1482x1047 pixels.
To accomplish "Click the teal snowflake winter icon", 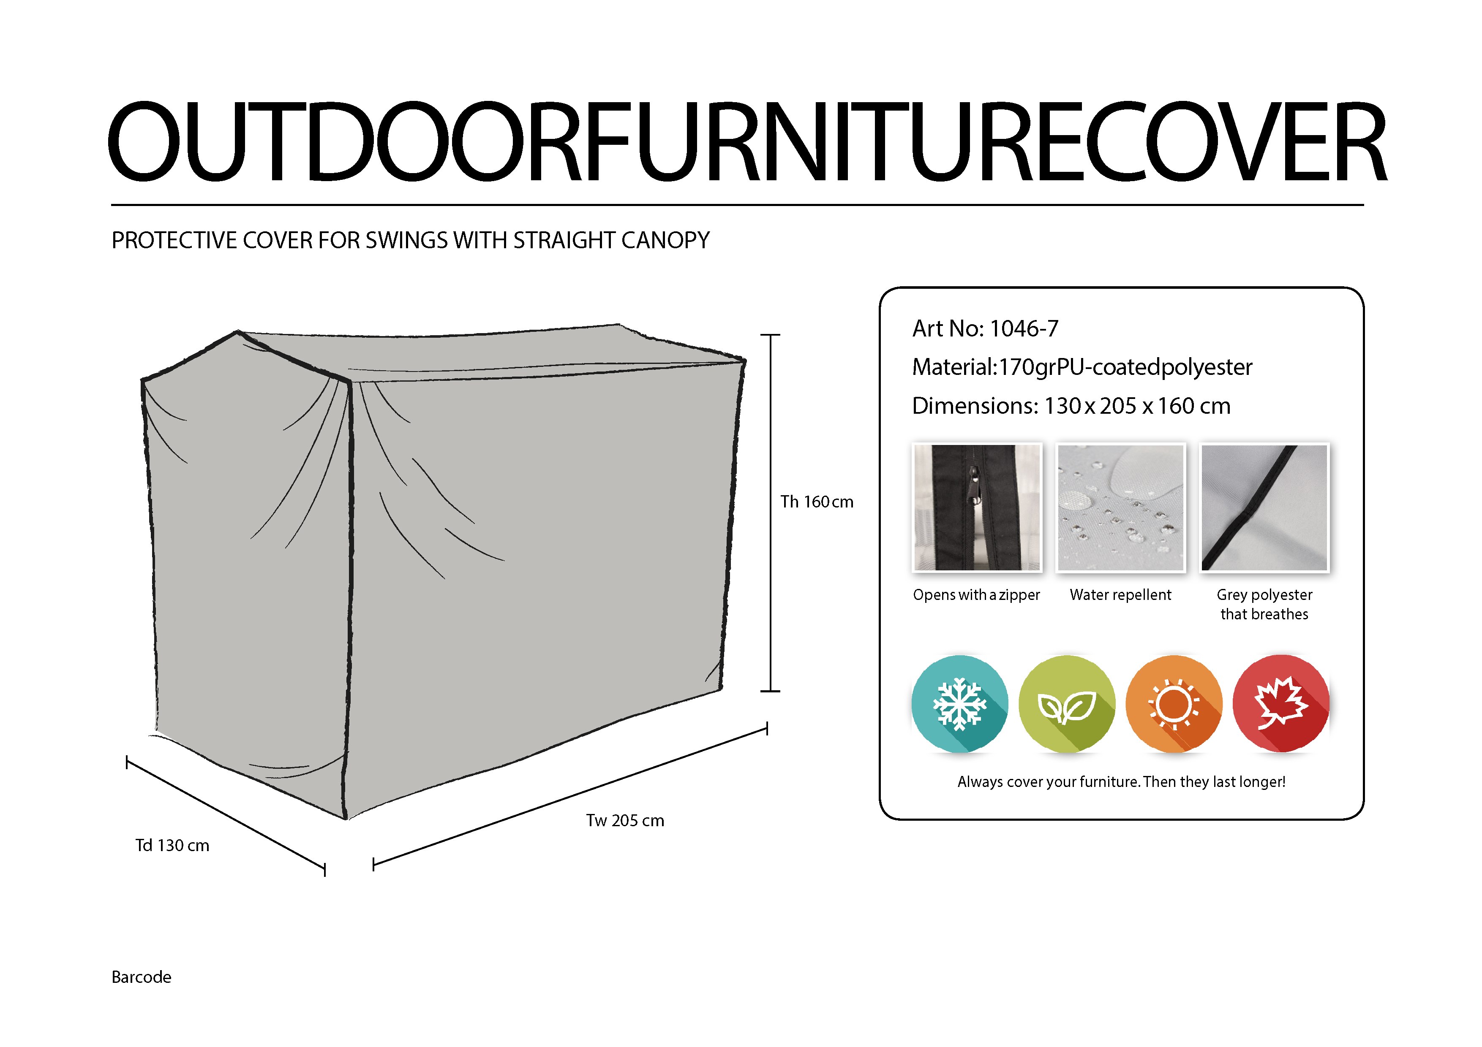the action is point(960,704).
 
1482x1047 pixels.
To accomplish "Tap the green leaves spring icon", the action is point(1067,704).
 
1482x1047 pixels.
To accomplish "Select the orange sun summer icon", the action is point(1174,704).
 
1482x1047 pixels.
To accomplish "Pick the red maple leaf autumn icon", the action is point(1281,704).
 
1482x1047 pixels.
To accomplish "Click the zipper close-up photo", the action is point(977,508).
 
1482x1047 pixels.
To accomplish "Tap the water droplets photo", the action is point(1120,508).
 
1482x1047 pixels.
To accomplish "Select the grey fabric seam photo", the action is point(1264,508).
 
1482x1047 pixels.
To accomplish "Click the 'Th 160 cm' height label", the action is point(817,502).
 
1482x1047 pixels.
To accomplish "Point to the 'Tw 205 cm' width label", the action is point(625,821).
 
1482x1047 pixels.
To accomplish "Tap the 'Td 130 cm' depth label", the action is point(172,846).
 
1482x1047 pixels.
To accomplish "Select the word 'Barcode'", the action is point(142,977).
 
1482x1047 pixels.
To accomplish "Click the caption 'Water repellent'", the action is point(1120,595).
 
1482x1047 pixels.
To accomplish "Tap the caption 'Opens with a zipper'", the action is point(977,595).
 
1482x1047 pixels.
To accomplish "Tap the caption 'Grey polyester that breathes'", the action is point(1264,605).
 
